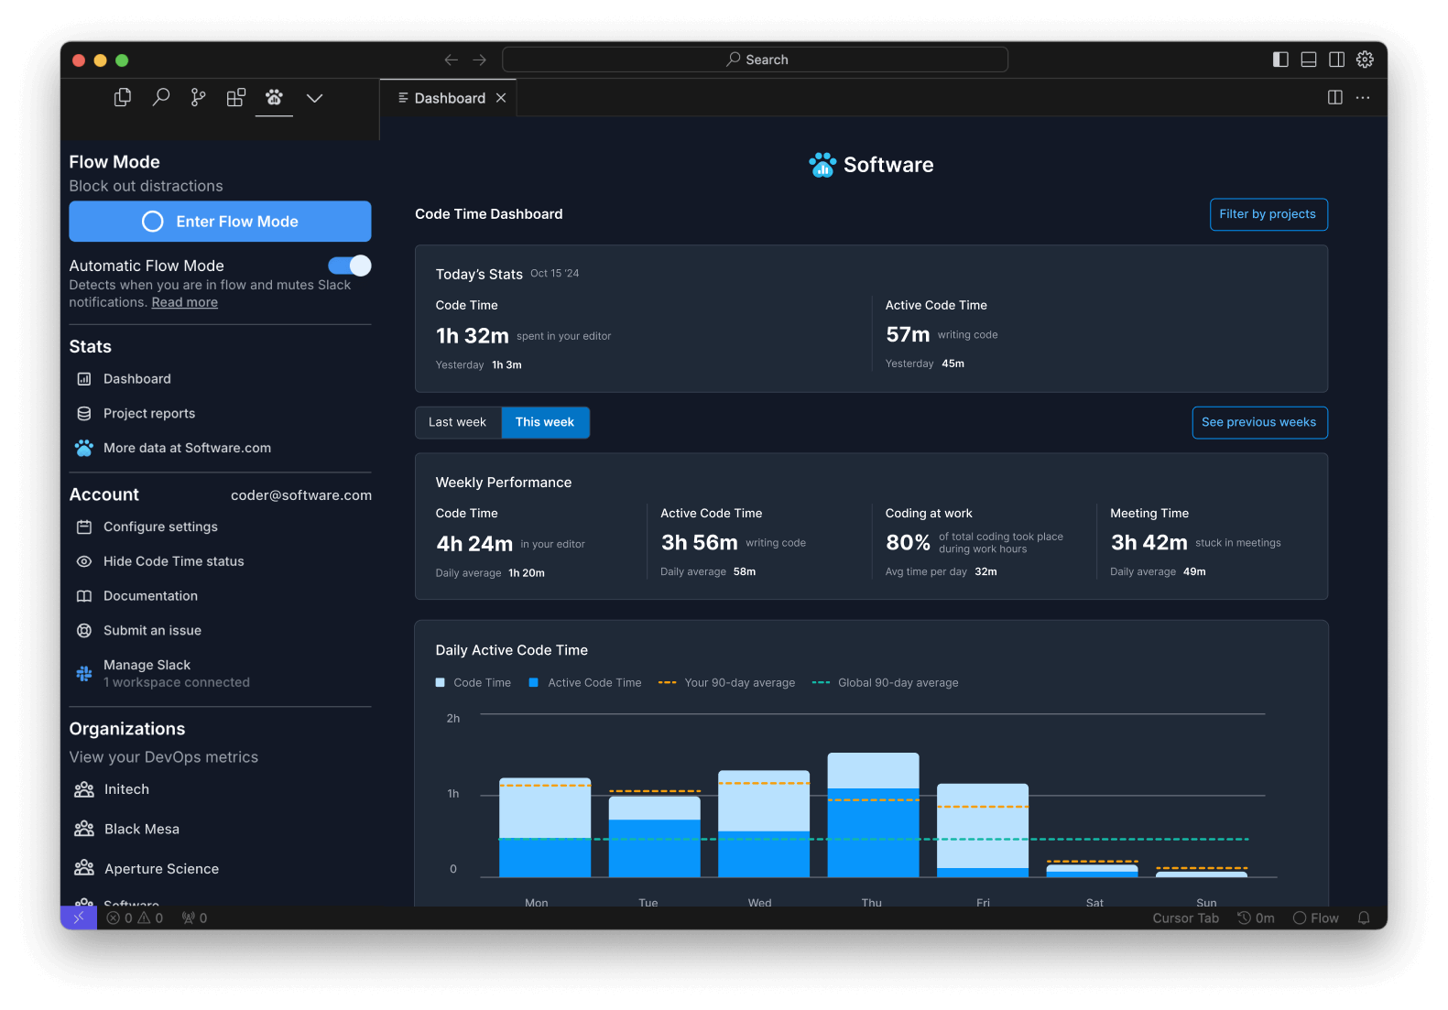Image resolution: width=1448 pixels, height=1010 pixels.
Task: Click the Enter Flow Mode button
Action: click(x=220, y=222)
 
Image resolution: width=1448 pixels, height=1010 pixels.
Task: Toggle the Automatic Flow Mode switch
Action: click(x=350, y=266)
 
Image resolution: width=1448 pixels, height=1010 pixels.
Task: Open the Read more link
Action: click(x=184, y=303)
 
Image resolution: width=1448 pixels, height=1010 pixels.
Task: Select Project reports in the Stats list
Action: click(x=148, y=414)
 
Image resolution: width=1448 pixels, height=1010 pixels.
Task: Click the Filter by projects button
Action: click(x=1268, y=214)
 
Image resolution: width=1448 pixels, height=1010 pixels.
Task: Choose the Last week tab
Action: click(x=457, y=422)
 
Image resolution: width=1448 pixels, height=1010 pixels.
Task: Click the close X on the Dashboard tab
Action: click(x=501, y=98)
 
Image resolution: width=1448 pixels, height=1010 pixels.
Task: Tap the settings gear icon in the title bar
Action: click(x=1365, y=60)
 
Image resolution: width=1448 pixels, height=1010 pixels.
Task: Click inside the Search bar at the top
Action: click(x=756, y=60)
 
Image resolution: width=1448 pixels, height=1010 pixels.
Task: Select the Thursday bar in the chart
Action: click(x=873, y=815)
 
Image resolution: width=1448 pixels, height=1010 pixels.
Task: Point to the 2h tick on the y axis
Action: click(x=453, y=719)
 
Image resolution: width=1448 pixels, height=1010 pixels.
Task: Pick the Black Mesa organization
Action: click(x=142, y=830)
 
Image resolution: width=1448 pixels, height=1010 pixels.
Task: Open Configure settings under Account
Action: click(x=160, y=527)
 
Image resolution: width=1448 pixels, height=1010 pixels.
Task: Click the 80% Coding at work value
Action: click(x=908, y=543)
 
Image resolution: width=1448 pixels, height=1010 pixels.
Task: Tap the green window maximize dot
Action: click(x=122, y=60)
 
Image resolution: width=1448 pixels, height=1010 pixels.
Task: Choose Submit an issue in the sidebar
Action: click(x=152, y=631)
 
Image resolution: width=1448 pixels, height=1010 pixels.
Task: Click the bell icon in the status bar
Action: click(x=1364, y=918)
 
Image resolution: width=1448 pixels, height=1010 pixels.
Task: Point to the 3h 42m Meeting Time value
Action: click(x=1149, y=543)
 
